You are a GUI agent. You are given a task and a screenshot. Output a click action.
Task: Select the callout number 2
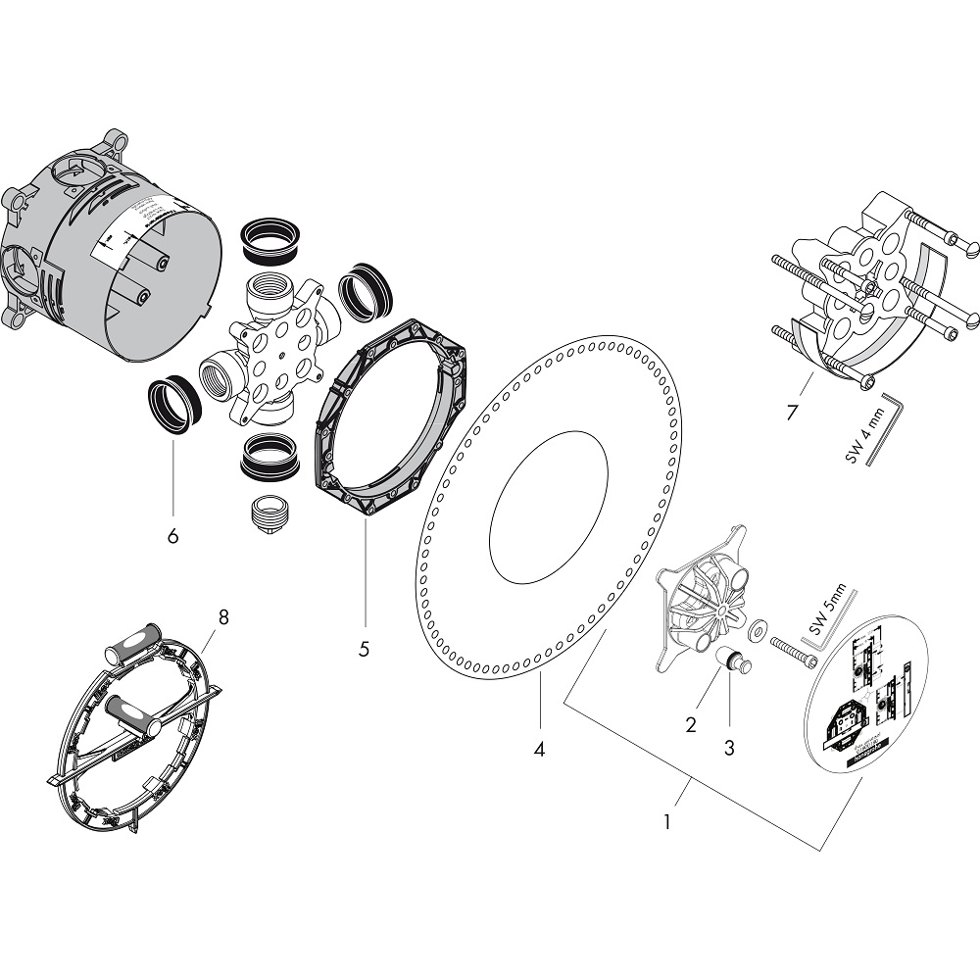tap(691, 726)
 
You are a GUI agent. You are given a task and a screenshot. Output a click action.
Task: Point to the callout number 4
tap(539, 751)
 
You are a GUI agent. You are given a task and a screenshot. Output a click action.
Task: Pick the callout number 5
tap(364, 649)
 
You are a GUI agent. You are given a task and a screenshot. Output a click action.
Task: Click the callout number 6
tap(173, 536)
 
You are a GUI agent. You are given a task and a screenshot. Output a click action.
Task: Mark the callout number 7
tap(792, 411)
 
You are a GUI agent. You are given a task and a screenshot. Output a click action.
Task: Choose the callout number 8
tap(223, 616)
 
